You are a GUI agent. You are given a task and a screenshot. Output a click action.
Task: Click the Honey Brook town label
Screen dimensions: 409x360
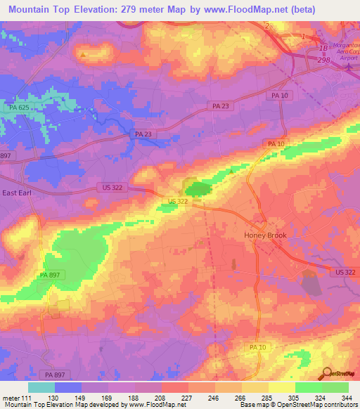click(265, 235)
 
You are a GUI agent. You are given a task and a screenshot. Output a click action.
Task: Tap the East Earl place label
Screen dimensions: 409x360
click(18, 193)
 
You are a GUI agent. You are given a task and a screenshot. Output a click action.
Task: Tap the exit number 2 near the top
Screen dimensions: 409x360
click(267, 26)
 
